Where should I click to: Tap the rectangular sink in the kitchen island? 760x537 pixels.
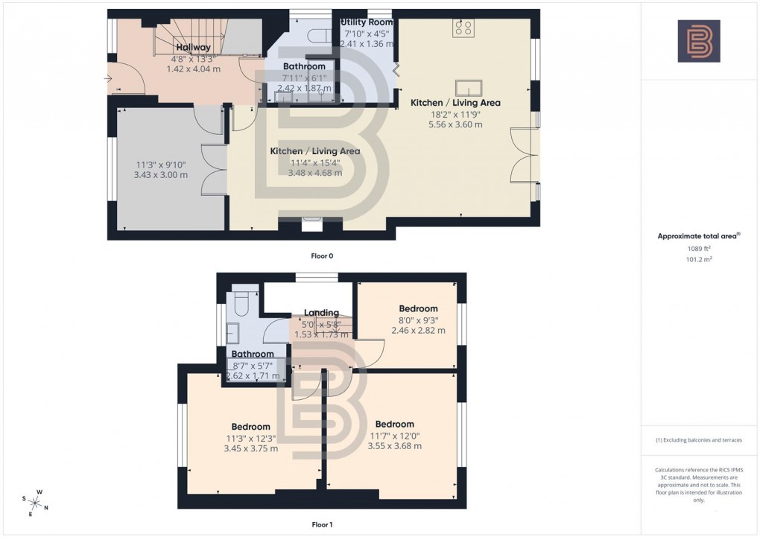(x=469, y=86)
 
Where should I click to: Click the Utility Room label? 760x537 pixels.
(x=366, y=22)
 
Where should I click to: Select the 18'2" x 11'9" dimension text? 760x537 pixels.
(x=446, y=114)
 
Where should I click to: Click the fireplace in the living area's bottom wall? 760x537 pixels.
(x=311, y=221)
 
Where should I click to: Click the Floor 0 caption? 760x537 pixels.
(x=322, y=255)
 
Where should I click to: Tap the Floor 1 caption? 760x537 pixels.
(x=322, y=524)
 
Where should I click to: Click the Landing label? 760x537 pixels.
(x=321, y=313)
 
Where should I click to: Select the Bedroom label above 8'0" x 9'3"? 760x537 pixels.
(x=418, y=308)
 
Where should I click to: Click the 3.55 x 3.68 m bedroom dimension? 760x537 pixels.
(x=394, y=446)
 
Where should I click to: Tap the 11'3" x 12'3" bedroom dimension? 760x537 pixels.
(x=251, y=438)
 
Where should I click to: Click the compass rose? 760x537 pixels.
(x=35, y=501)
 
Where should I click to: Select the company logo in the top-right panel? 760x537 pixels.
(x=698, y=41)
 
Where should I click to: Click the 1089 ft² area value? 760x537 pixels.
(x=698, y=251)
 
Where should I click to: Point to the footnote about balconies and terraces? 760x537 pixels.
(x=698, y=440)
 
